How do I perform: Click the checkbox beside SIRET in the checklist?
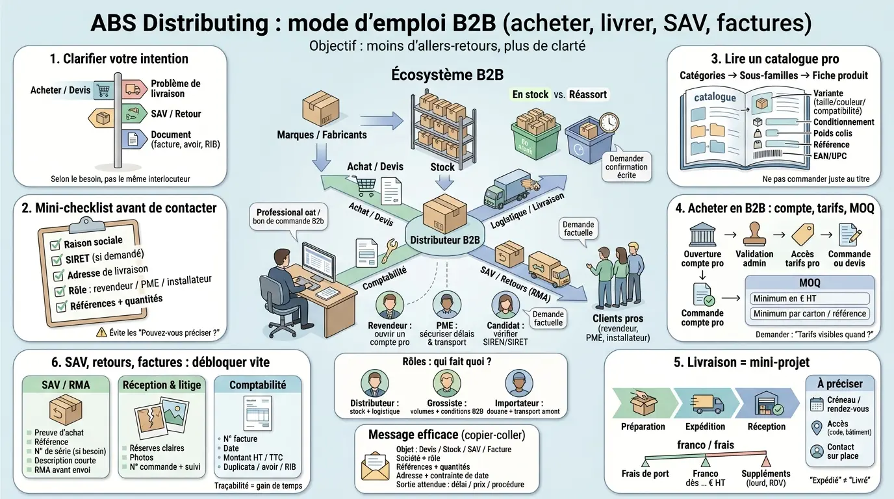click(57, 261)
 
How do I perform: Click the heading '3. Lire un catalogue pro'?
click(774, 59)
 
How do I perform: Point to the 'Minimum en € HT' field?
click(810, 298)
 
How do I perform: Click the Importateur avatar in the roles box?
click(518, 383)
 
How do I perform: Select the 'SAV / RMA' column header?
click(65, 385)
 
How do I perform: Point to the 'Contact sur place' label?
click(841, 451)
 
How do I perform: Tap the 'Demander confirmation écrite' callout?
click(626, 166)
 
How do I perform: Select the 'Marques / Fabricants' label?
click(322, 134)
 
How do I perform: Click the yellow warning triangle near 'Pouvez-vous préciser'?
click(101, 332)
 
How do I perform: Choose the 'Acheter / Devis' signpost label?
click(60, 90)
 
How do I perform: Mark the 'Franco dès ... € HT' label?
click(705, 478)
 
